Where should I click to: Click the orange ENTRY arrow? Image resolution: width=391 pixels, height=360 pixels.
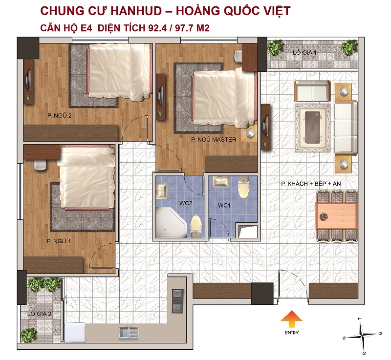[291, 318]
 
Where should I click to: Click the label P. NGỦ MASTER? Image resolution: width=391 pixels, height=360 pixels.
[214, 140]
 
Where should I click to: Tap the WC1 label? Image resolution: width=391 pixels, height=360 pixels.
[224, 206]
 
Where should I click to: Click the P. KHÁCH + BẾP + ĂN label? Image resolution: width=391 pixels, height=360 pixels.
[307, 184]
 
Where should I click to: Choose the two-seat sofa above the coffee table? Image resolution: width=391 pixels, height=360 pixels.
[311, 91]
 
